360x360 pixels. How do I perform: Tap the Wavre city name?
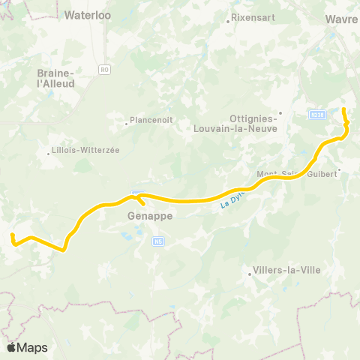pyautogui.click(x=342, y=19)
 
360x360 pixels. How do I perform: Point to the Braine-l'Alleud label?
pyautogui.click(x=55, y=79)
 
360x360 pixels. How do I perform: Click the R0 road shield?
pyautogui.click(x=104, y=69)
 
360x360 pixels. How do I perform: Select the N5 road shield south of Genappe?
pyautogui.click(x=157, y=241)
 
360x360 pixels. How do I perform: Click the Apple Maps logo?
pyautogui.click(x=26, y=347)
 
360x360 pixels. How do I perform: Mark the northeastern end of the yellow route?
pyautogui.click(x=343, y=110)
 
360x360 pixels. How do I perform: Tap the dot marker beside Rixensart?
pyautogui.click(x=229, y=21)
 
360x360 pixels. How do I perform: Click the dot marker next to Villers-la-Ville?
pyautogui.click(x=250, y=274)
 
